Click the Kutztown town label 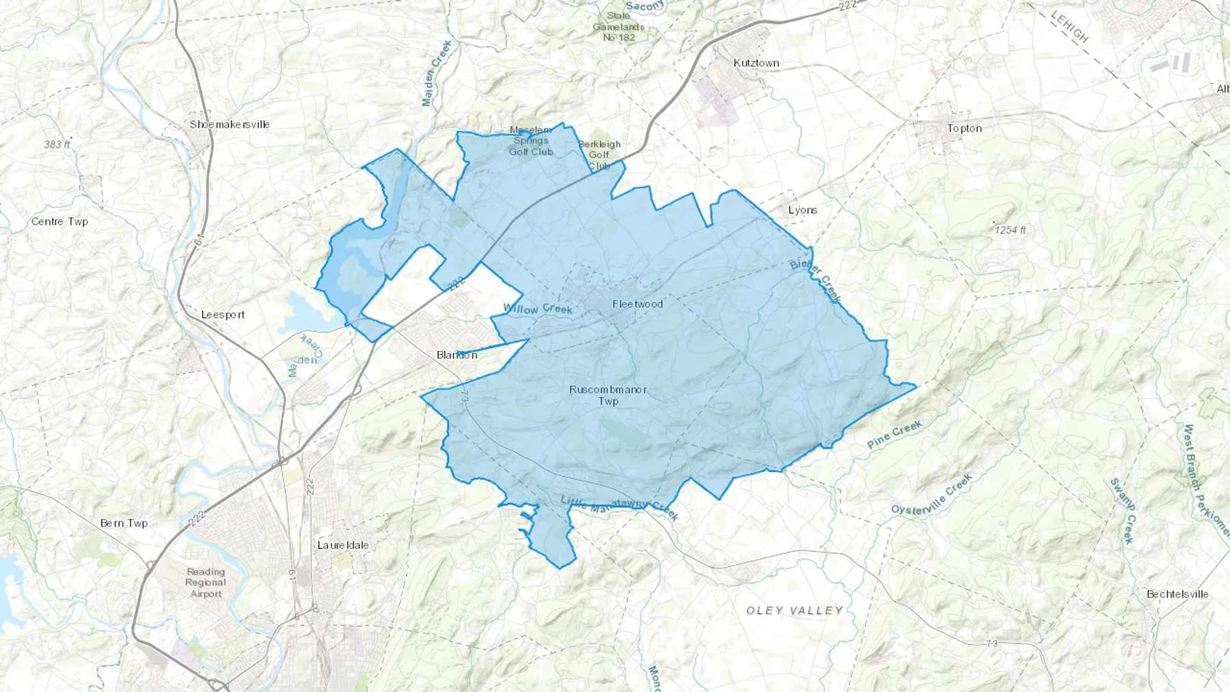(756, 63)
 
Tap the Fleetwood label (637, 304)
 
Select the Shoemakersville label (230, 124)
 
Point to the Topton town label (964, 128)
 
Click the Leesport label (223, 315)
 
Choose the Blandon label (456, 355)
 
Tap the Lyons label (802, 210)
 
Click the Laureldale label (343, 545)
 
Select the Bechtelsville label (1177, 594)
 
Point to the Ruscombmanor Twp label (608, 396)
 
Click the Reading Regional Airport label (206, 583)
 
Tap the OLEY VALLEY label (794, 610)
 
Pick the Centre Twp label (59, 221)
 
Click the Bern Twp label (124, 523)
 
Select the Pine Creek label (894, 434)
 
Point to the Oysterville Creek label (931, 495)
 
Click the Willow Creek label (538, 309)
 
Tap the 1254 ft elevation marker (1010, 230)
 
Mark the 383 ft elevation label (57, 145)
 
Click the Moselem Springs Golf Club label (531, 141)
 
